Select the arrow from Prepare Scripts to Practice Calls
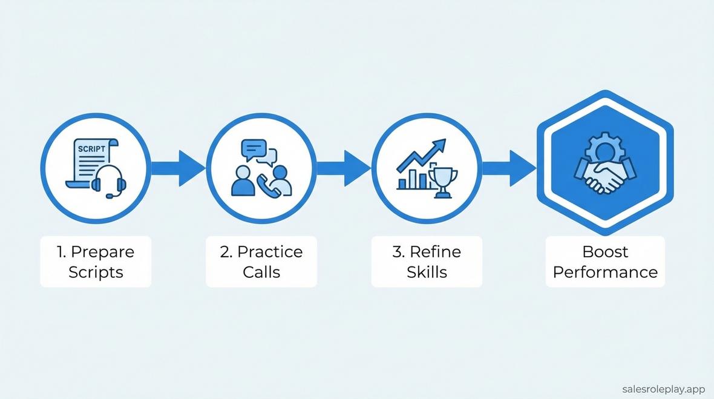(178, 168)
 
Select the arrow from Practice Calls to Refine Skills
(343, 168)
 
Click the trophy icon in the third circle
(442, 181)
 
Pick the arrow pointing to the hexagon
(509, 168)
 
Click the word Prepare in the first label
(102, 252)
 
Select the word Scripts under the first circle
(96, 272)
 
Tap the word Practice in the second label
(269, 252)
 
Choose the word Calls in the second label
(261, 272)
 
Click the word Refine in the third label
(434, 252)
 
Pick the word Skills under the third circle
(427, 272)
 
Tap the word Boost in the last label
(605, 252)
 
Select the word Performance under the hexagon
(605, 272)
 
